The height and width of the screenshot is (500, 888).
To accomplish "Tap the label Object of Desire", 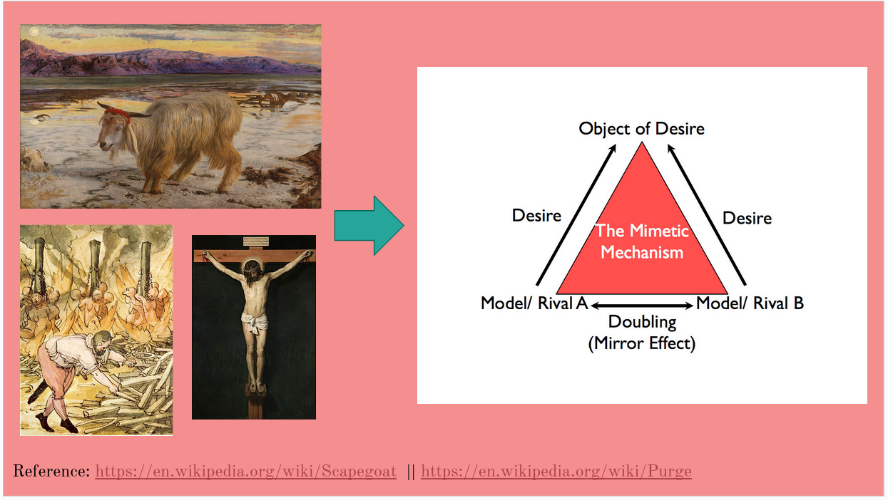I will pyautogui.click(x=641, y=129).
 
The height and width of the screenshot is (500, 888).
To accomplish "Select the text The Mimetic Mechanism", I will pyautogui.click(x=642, y=241).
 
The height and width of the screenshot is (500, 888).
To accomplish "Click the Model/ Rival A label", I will pyautogui.click(x=534, y=303).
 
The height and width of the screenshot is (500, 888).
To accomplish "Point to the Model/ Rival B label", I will pyautogui.click(x=750, y=303).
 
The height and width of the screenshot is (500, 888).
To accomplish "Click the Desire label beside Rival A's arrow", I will pyautogui.click(x=536, y=215).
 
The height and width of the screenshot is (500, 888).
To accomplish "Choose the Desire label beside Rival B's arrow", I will pyautogui.click(x=747, y=218).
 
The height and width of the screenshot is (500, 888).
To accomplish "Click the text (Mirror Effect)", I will pyautogui.click(x=641, y=343).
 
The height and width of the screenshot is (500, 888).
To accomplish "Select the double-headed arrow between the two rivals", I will pyautogui.click(x=642, y=305).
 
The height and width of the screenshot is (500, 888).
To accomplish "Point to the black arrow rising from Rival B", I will pyautogui.click(x=707, y=214).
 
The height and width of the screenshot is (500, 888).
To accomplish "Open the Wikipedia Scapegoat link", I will pyautogui.click(x=245, y=472).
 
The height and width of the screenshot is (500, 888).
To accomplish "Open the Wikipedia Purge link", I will pyautogui.click(x=556, y=472).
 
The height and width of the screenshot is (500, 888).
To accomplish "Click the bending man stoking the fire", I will pyautogui.click(x=78, y=363).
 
